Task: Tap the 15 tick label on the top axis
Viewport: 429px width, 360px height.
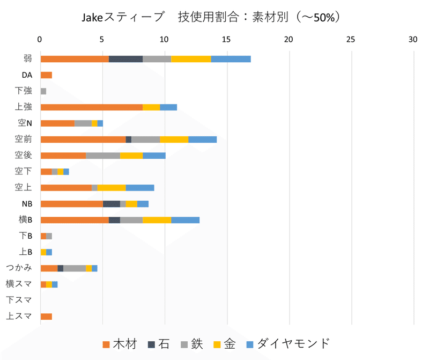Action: [x=227, y=40]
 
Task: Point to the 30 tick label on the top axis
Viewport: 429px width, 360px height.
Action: [x=413, y=40]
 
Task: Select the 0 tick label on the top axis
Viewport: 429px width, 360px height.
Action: [x=40, y=40]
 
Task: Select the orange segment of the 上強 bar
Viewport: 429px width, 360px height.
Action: [x=91, y=107]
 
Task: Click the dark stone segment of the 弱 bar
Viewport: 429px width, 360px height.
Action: [x=125, y=59]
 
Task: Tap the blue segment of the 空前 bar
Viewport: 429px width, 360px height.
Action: [x=202, y=139]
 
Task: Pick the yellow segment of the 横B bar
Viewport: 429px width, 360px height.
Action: [x=157, y=220]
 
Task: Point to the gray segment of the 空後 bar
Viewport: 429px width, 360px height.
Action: [x=102, y=156]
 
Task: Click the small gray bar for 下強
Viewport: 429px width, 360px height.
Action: [x=43, y=91]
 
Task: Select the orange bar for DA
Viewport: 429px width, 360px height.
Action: [x=46, y=75]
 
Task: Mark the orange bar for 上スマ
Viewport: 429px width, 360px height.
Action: [x=46, y=317]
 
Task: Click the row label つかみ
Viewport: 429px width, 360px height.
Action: [x=19, y=268]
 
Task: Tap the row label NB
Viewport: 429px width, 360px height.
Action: [x=27, y=204]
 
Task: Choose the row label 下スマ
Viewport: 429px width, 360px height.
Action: [x=19, y=300]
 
